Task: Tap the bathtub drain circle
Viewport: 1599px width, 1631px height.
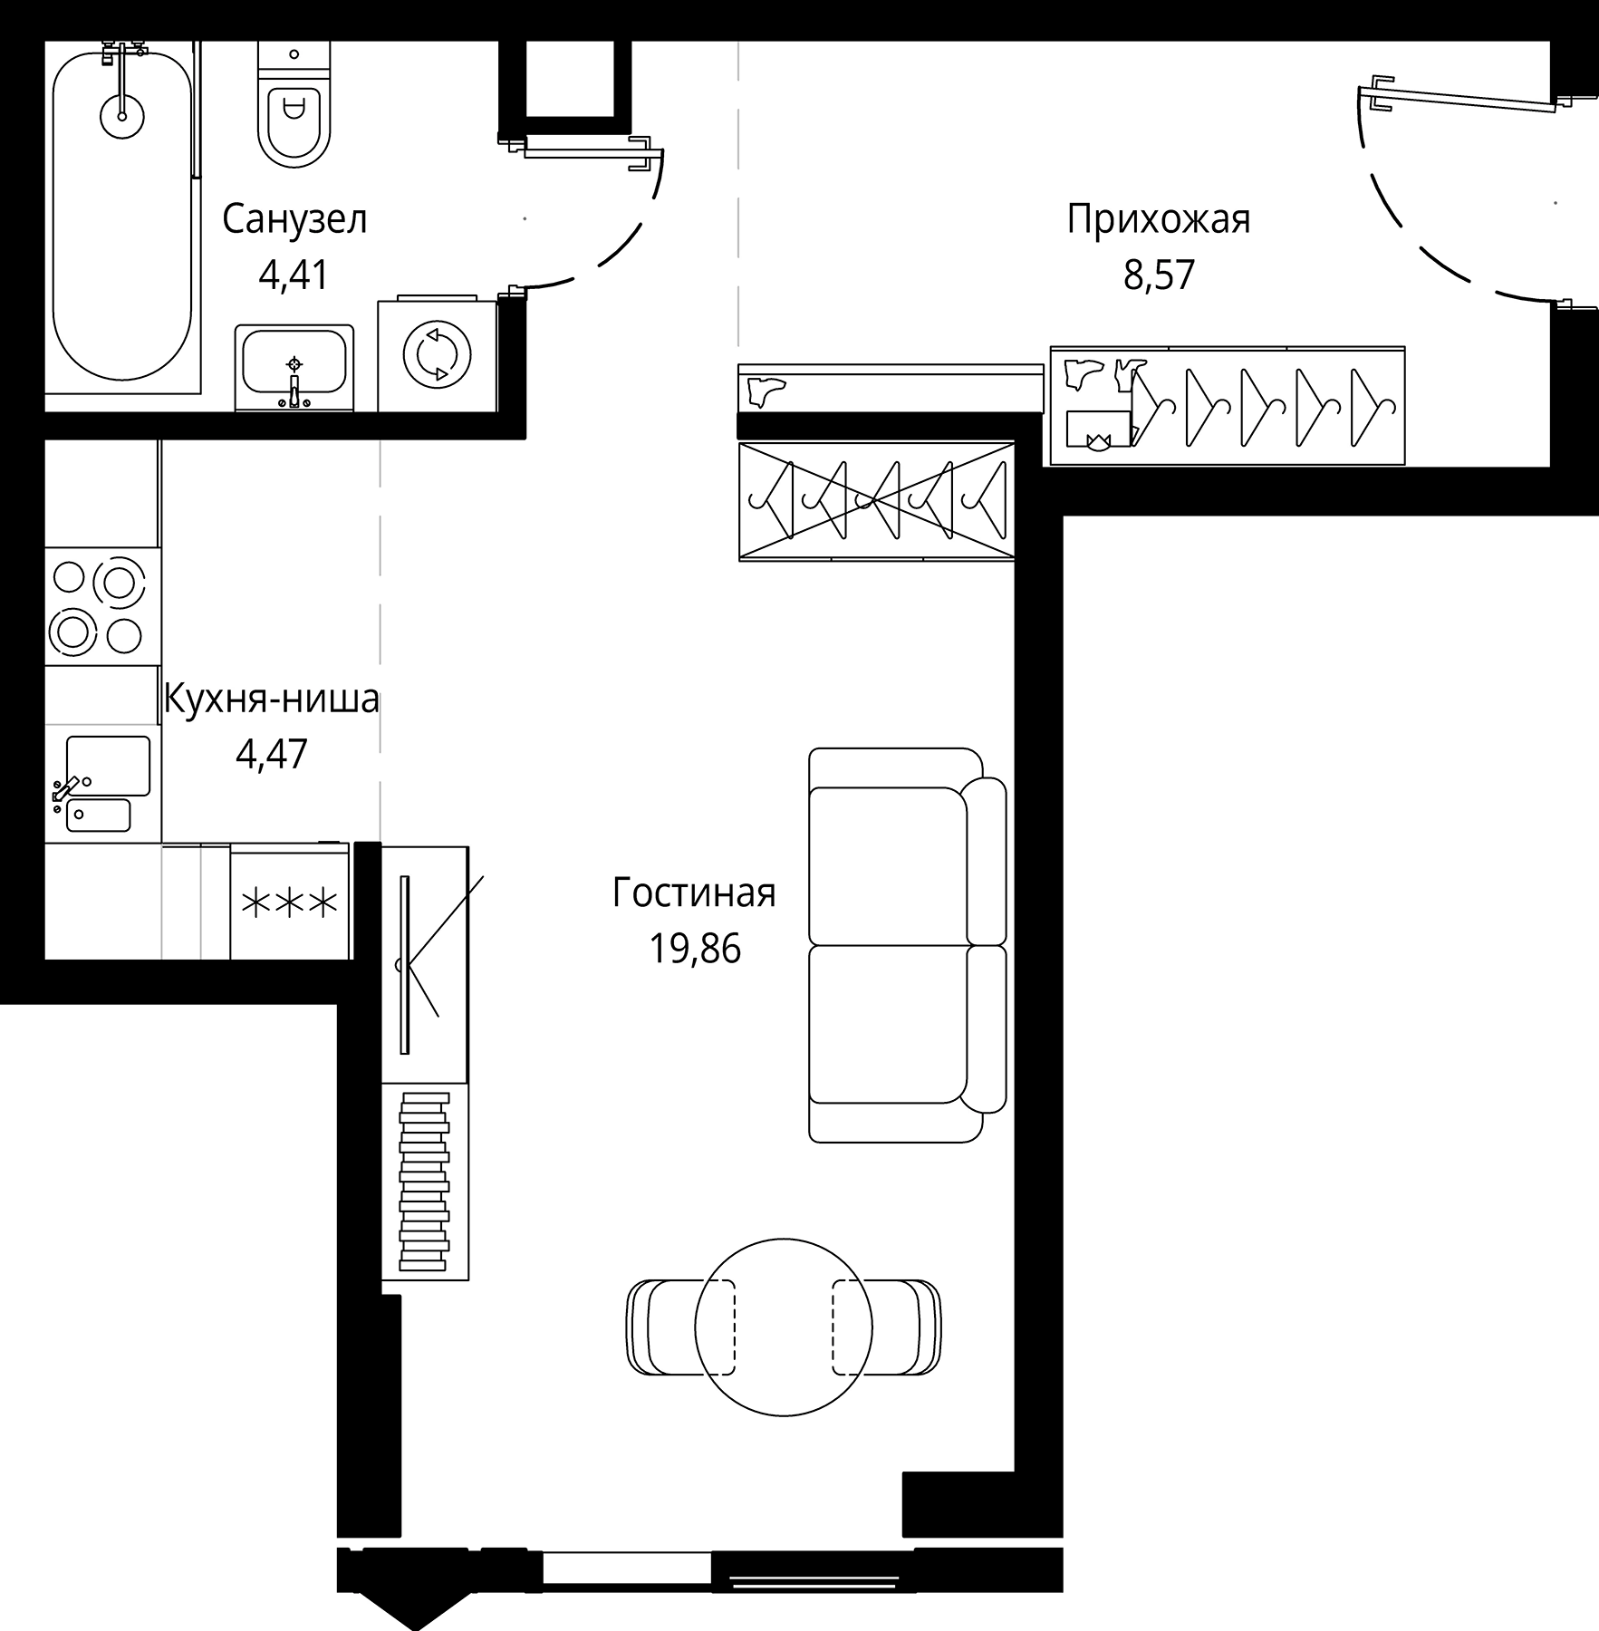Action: pos(120,114)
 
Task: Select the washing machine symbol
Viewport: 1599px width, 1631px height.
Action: pos(438,353)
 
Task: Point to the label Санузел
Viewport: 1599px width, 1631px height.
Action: pos(294,220)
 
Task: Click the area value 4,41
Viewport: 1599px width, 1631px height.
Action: pos(293,275)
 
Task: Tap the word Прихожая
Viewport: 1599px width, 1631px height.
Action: pos(1158,220)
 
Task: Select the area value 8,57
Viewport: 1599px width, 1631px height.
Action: pos(1159,275)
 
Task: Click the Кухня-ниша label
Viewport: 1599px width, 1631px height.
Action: pos(271,700)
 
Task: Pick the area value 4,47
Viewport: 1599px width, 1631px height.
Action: pos(271,754)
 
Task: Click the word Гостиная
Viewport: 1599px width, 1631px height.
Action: pos(694,893)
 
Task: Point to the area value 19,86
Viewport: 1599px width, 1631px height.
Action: pos(694,949)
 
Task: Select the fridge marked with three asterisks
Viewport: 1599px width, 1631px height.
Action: pos(290,902)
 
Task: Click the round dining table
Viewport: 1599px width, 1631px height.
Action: pos(783,1327)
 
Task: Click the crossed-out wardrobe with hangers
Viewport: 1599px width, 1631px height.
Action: pos(875,500)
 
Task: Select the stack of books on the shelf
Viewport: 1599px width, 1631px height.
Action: pos(424,1182)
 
